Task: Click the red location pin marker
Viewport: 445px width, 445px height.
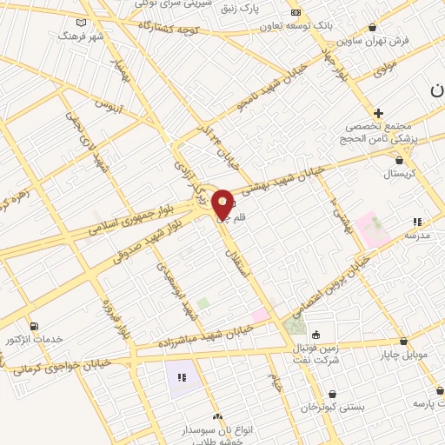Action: click(x=222, y=203)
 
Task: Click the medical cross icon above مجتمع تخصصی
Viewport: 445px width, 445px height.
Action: click(x=378, y=113)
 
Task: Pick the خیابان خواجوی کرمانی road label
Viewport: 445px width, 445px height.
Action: click(x=57, y=365)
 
